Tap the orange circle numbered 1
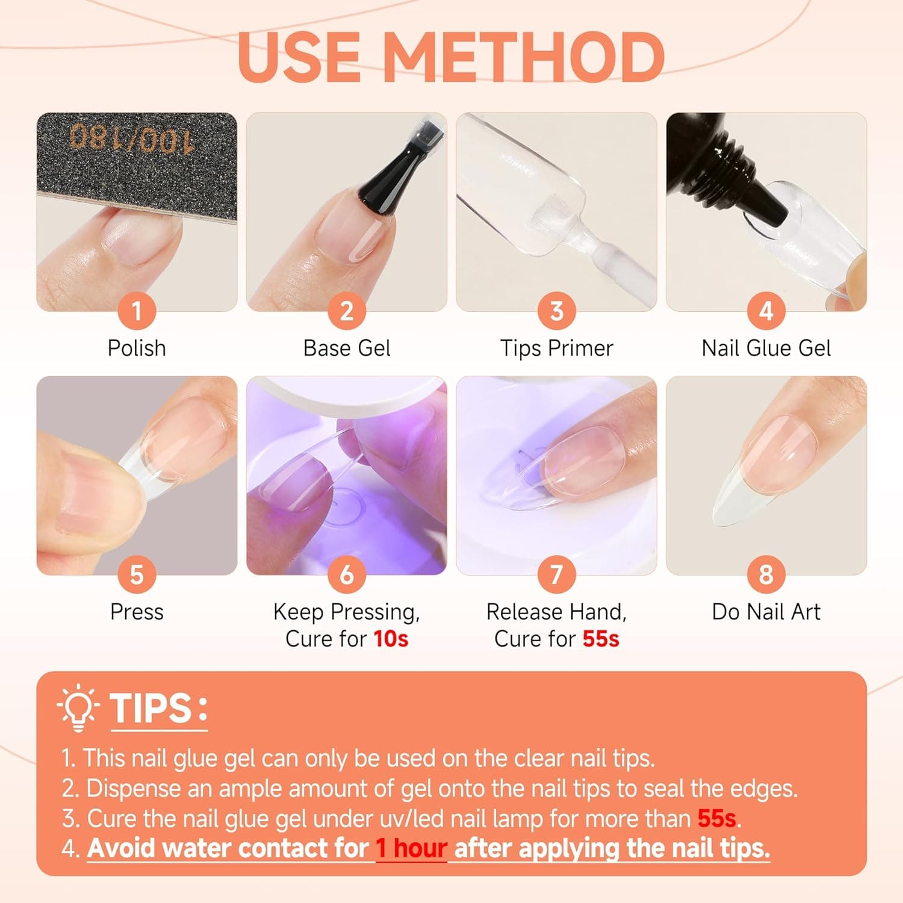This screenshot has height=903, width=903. coord(137,311)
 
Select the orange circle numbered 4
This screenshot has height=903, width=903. coord(766,311)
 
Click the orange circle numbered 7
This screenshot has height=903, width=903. coord(556,574)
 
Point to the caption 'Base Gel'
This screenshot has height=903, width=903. coord(347,348)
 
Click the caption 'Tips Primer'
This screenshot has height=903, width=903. coord(556,348)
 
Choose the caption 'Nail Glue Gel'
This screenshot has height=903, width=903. coord(766,348)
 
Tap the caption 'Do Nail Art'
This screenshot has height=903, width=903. coord(766,612)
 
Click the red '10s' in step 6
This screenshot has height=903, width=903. coord(391,639)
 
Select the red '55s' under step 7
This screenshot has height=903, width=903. coord(600,639)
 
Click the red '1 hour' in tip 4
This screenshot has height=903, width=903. coord(411,848)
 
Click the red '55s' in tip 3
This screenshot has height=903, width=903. coord(717,819)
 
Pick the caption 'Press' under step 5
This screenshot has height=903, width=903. coord(137,612)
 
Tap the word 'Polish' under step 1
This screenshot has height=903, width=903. coord(137,348)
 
